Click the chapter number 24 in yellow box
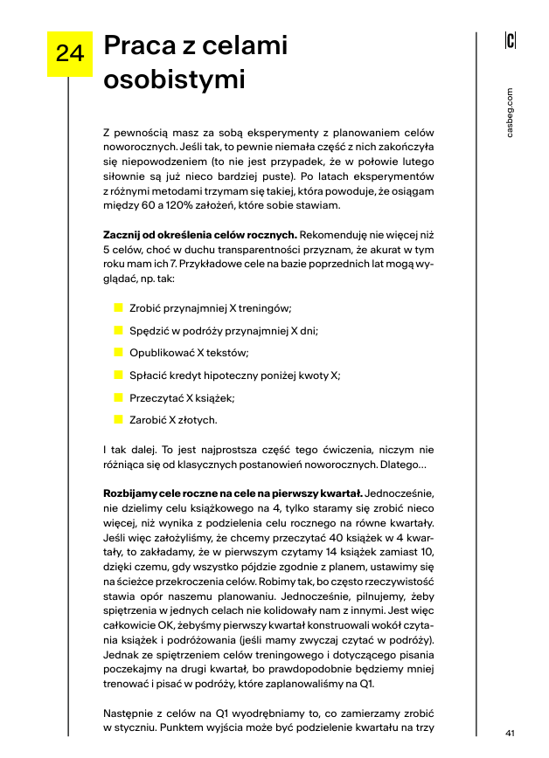click(69, 54)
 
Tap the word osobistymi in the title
click(174, 79)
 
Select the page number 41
click(511, 733)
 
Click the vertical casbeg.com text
click(511, 112)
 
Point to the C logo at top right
click(511, 40)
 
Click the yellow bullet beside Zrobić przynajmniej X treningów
click(118, 308)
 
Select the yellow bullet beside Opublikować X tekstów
click(118, 353)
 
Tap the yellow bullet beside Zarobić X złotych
click(118, 419)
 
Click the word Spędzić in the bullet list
click(149, 331)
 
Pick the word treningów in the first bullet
click(264, 308)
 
